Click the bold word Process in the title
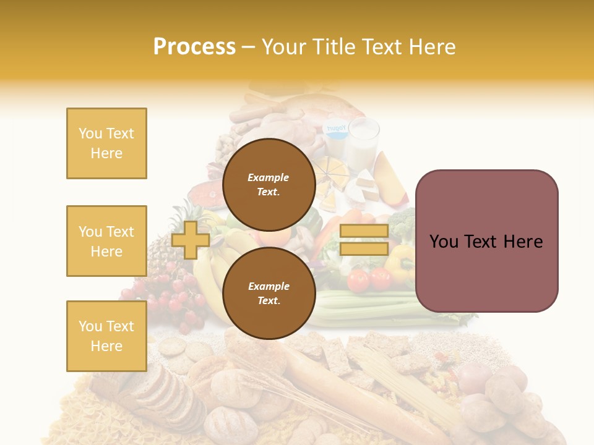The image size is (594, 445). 194,46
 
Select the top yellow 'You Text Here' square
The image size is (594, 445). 106,143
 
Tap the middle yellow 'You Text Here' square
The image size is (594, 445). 106,241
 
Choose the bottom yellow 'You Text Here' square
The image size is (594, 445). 106,336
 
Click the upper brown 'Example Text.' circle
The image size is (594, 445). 269,184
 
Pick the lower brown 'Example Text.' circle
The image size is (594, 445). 269,293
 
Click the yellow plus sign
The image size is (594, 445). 191,240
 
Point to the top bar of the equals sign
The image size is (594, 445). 364,231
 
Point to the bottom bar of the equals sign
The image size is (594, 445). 364,249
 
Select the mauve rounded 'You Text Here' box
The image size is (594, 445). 486,241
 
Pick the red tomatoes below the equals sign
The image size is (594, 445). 369,279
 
